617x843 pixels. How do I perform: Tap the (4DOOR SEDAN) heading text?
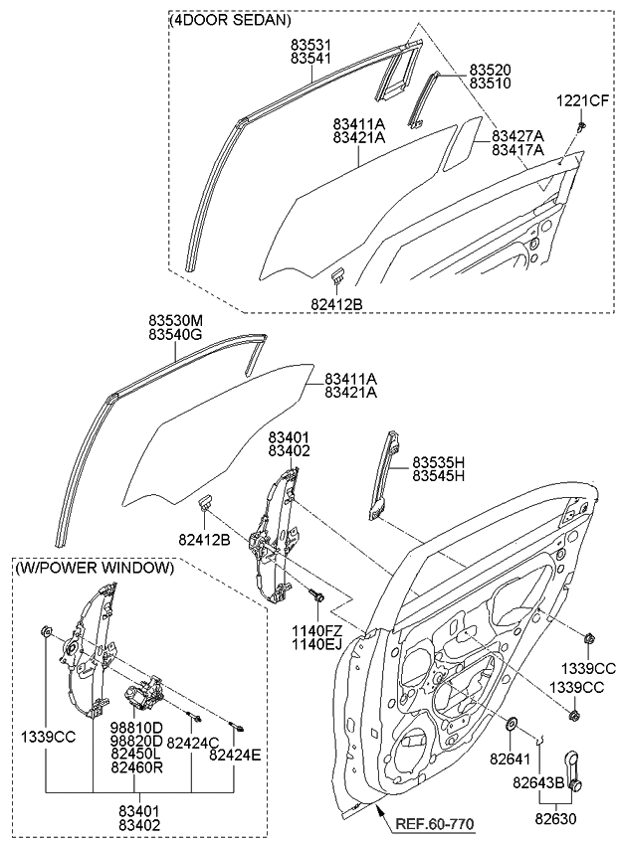[232, 20]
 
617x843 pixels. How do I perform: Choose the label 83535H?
[439, 462]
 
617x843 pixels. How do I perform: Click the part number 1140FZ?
[317, 630]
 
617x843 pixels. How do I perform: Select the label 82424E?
[235, 756]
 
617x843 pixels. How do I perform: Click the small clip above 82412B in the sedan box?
[338, 273]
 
